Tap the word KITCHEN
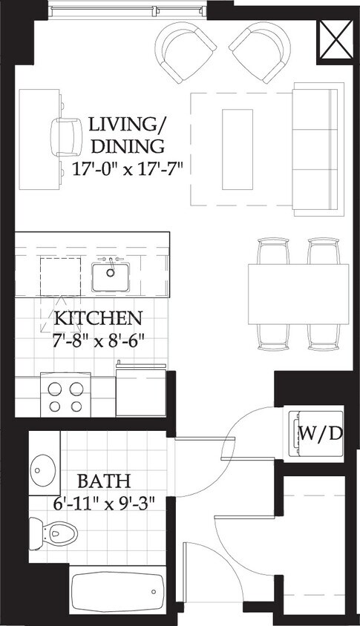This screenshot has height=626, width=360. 98,320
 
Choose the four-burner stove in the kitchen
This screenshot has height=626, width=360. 65,396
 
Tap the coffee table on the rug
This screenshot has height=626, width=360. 238,148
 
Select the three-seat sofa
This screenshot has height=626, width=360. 318,148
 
